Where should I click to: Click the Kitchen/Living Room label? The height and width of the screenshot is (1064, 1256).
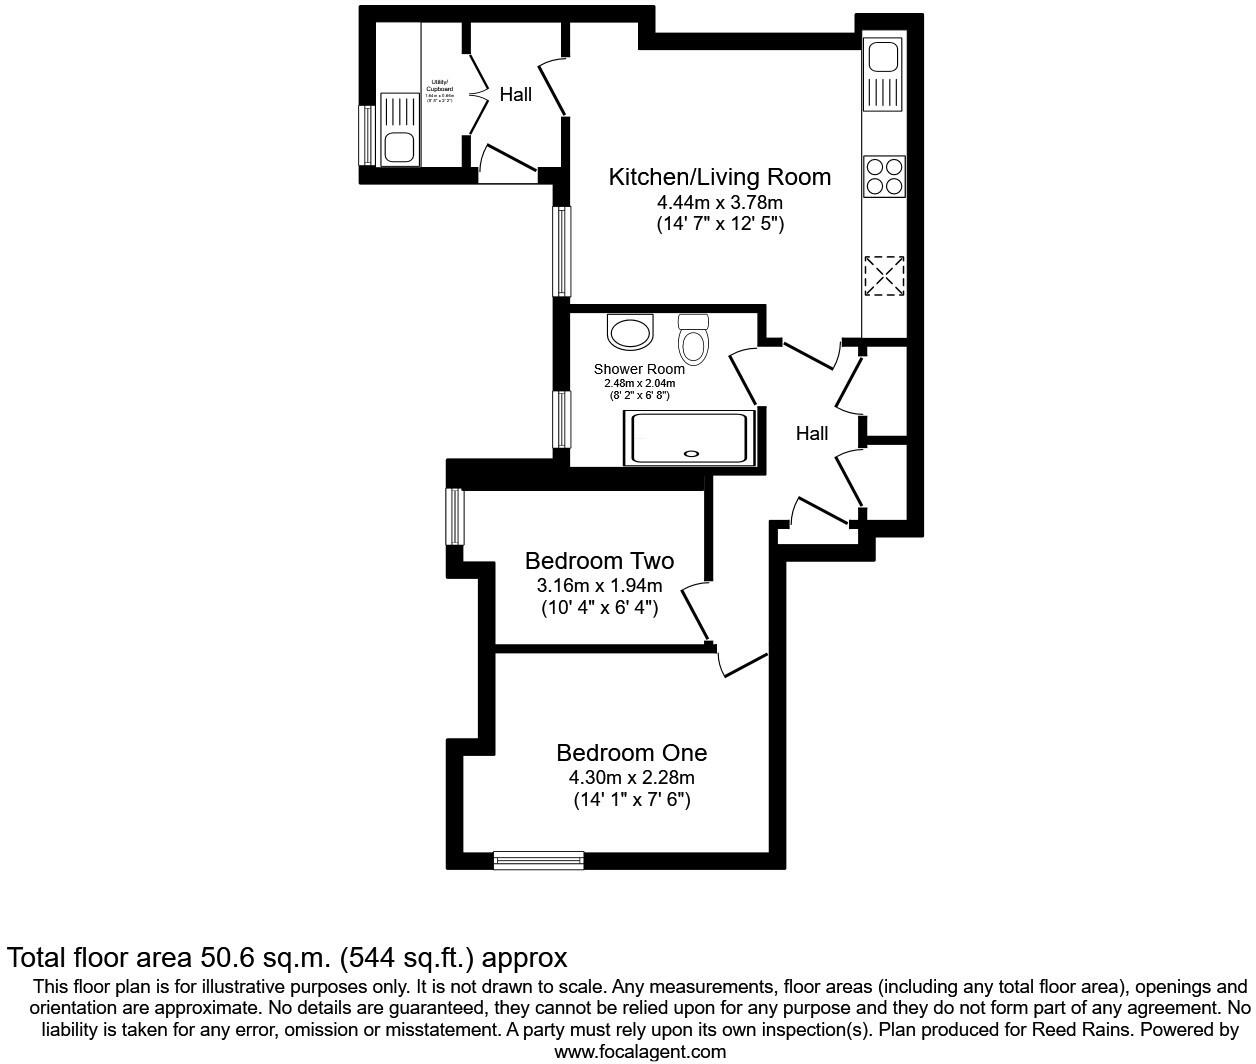pyautogui.click(x=720, y=177)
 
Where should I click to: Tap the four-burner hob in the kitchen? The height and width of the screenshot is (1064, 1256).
pyautogui.click(x=884, y=176)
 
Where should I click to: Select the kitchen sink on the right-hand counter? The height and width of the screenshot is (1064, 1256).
pyautogui.click(x=884, y=75)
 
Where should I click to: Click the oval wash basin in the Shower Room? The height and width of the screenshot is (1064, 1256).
pyautogui.click(x=630, y=332)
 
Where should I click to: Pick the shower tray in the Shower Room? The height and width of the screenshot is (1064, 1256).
pyautogui.click(x=687, y=437)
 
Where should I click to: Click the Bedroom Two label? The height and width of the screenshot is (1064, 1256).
pyautogui.click(x=599, y=560)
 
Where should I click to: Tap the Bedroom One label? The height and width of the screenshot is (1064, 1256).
pyautogui.click(x=631, y=752)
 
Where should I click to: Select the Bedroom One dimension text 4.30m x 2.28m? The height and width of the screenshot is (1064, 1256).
pyautogui.click(x=631, y=777)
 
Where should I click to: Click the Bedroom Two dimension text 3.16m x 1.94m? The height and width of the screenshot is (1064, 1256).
pyautogui.click(x=599, y=585)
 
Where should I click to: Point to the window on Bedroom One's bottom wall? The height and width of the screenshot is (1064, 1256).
pyautogui.click(x=538, y=859)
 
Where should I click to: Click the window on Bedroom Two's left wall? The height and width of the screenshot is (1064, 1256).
pyautogui.click(x=455, y=516)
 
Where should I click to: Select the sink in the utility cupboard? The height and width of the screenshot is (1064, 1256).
pyautogui.click(x=400, y=130)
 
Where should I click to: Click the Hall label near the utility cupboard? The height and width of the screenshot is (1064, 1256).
pyautogui.click(x=516, y=95)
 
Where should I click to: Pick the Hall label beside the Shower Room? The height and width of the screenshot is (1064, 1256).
pyautogui.click(x=812, y=433)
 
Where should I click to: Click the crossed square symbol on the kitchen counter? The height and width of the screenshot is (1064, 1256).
pyautogui.click(x=884, y=275)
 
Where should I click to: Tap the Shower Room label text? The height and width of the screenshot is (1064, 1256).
pyautogui.click(x=639, y=369)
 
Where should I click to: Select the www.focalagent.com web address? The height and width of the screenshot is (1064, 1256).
pyautogui.click(x=640, y=1051)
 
